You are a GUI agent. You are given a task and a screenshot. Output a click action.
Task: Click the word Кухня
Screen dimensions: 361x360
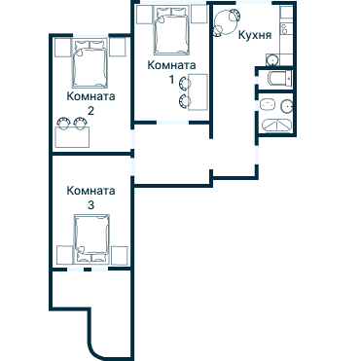tap(254, 34)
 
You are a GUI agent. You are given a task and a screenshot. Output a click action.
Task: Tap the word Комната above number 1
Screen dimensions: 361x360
tap(171, 65)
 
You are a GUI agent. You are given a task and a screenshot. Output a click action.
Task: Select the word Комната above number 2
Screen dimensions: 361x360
tap(91, 96)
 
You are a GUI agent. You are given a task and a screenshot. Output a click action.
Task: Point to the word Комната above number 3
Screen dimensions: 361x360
tap(91, 192)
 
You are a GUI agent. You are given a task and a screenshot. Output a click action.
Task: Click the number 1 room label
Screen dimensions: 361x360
tap(172, 80)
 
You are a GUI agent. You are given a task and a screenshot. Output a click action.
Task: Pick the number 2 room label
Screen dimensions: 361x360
tap(91, 111)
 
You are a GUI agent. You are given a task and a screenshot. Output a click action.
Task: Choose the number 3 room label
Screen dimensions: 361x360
tap(91, 206)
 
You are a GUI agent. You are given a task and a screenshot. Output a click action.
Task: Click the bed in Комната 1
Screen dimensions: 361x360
tap(172, 32)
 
